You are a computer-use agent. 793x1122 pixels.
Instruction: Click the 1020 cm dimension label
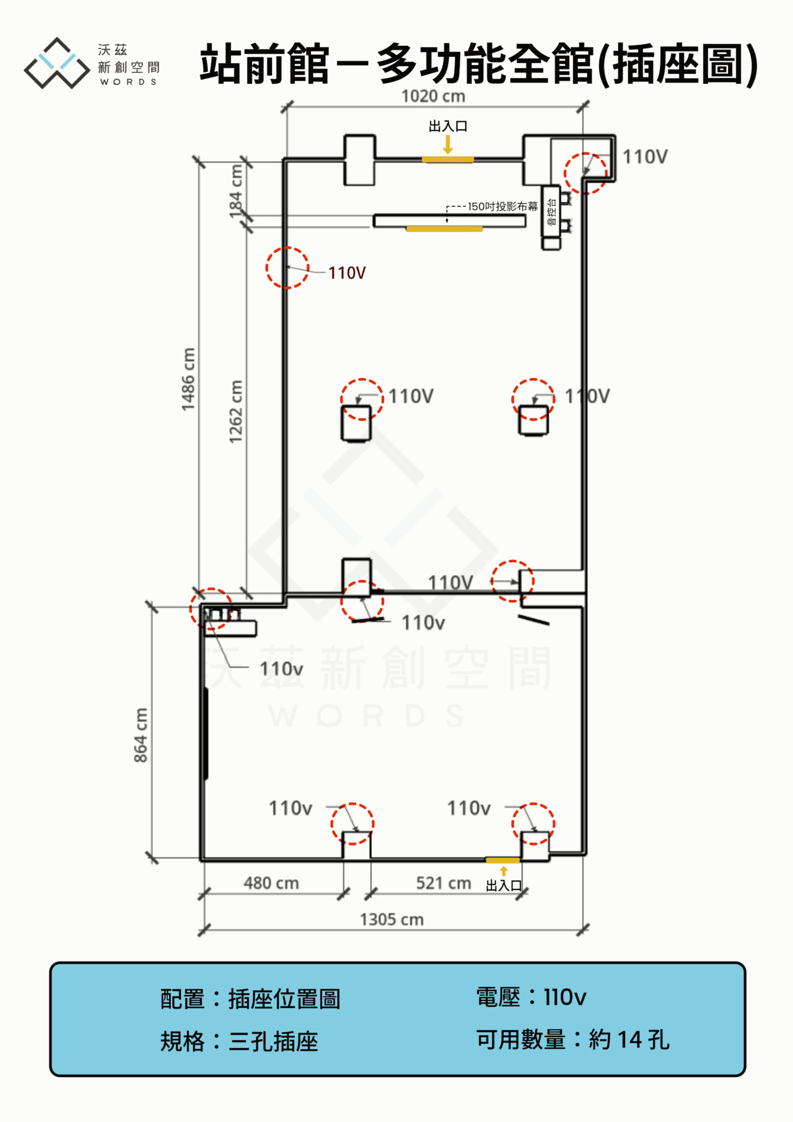click(433, 96)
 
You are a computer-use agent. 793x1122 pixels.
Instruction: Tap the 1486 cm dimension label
click(188, 379)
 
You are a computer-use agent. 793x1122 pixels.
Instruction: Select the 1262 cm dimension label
click(235, 412)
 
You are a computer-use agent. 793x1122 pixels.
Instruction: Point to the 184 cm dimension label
click(236, 192)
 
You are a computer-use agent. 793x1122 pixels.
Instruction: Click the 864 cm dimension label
click(141, 735)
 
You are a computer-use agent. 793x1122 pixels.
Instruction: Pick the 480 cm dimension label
click(271, 883)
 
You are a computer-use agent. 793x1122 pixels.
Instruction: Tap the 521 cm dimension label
click(444, 883)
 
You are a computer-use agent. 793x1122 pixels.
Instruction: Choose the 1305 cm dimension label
click(392, 919)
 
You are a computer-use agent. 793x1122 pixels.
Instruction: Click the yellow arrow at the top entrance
click(448, 144)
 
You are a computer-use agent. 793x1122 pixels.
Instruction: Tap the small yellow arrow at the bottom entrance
click(504, 871)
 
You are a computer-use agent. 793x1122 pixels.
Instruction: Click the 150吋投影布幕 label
click(503, 206)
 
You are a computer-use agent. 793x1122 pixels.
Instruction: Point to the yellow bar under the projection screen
click(444, 229)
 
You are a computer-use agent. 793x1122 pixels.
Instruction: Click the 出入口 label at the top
click(448, 126)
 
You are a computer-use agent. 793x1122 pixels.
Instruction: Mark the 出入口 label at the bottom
click(504, 886)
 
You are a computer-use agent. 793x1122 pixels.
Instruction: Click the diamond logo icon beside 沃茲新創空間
click(57, 63)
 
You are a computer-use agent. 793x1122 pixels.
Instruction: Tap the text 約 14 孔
click(629, 1040)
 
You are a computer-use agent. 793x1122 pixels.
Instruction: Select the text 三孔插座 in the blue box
click(273, 1041)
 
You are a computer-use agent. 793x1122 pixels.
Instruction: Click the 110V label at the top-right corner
click(645, 157)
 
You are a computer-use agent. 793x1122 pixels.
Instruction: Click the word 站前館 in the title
click(265, 64)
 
